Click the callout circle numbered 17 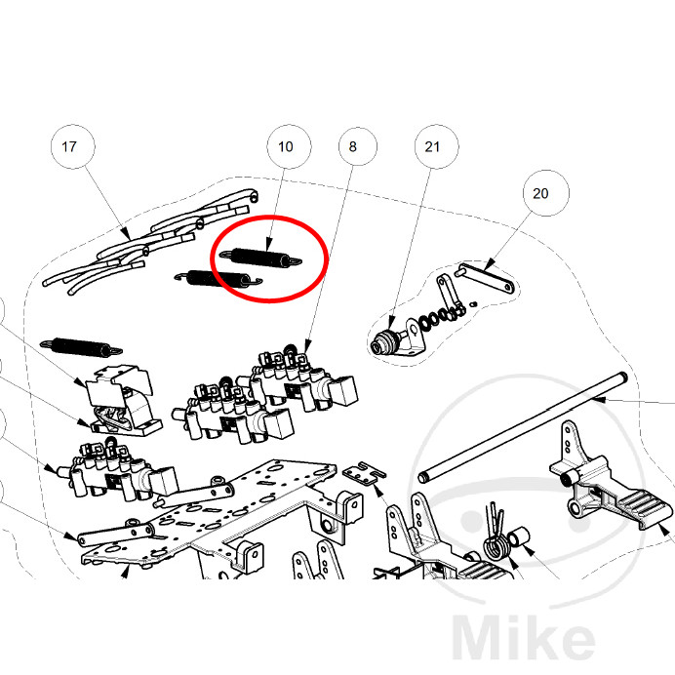73,146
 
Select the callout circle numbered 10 289,146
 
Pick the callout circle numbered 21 436,146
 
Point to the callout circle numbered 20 546,193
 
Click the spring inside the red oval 260,258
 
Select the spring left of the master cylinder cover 81,346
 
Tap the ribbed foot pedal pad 645,509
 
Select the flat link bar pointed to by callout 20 485,279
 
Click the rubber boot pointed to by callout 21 383,342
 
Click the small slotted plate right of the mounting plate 364,473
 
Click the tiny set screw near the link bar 474,304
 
